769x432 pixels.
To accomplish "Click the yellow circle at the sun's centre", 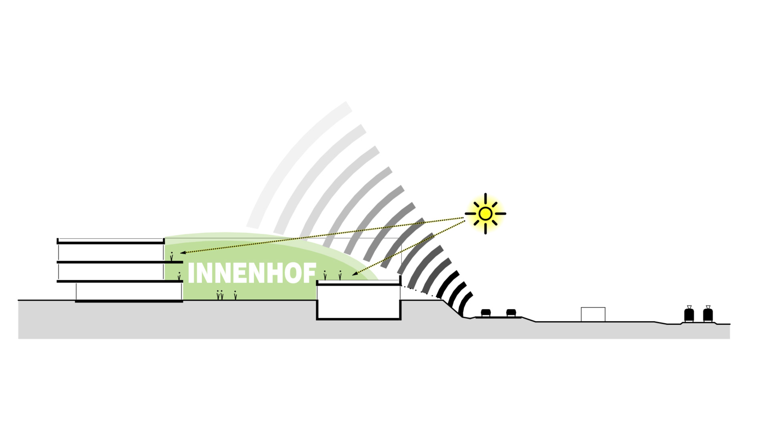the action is coord(485,214).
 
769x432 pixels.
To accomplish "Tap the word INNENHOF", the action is coord(252,273).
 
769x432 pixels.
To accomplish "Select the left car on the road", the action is coord(486,312).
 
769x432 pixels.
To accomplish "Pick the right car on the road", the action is coord(511,312).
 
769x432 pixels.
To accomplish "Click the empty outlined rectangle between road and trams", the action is coord(593,314).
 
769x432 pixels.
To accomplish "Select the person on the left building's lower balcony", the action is coord(179,276).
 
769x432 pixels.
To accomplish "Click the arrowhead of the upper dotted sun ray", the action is coord(183,252).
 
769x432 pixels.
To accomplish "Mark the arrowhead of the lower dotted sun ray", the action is coord(354,273).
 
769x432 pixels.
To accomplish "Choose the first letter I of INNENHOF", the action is coord(190,273).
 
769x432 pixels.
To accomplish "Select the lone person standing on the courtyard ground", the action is coord(235,295).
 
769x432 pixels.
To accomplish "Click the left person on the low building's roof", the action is coord(325,275).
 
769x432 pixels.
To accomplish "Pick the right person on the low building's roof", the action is coord(340,275).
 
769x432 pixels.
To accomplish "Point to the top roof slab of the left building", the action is coord(111,242).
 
